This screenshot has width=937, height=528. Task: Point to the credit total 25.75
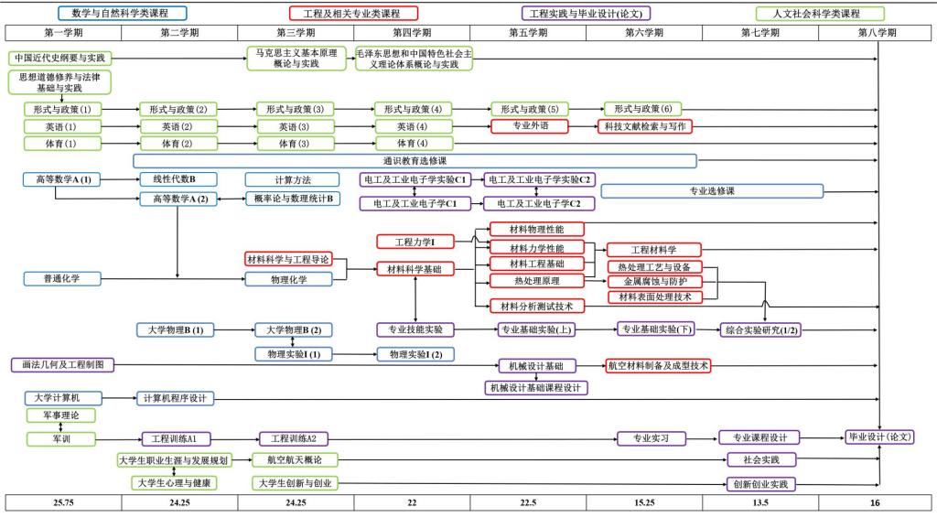(63, 502)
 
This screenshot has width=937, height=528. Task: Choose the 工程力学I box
(415, 242)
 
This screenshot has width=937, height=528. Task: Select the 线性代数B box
(179, 179)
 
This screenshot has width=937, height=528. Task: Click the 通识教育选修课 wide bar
(415, 161)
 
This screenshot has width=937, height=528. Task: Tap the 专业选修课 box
(712, 191)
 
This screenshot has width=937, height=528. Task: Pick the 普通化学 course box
(63, 278)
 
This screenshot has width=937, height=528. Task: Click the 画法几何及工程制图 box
(63, 365)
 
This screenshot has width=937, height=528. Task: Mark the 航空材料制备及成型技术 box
(657, 365)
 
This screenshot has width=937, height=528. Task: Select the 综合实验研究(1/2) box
(760, 329)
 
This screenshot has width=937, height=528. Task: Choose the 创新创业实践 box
(760, 483)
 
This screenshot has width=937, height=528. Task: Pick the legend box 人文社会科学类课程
(820, 14)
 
